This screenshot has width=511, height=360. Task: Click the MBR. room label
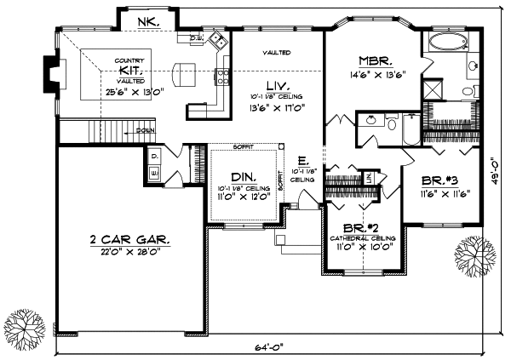click(x=375, y=61)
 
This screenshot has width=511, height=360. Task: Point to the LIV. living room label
click(x=278, y=86)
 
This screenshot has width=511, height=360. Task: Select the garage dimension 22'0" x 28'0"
click(x=129, y=252)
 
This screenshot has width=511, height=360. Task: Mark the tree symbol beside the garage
click(x=22, y=324)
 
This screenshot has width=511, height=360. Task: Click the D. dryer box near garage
click(x=156, y=157)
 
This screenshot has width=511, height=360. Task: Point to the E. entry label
click(x=302, y=160)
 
